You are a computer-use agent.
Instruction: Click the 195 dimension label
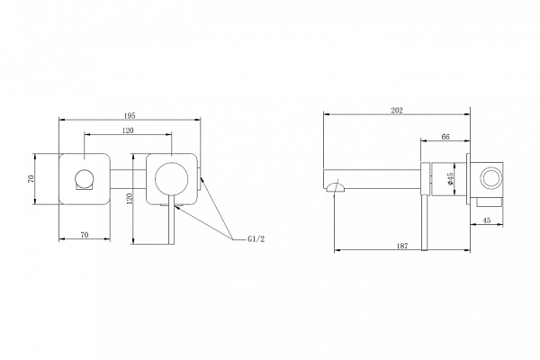pyautogui.click(x=129, y=116)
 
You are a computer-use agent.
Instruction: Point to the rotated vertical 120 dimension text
pyautogui.click(x=130, y=199)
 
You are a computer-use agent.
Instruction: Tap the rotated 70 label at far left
pyautogui.click(x=31, y=179)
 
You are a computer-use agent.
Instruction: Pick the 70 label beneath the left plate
pyautogui.click(x=85, y=235)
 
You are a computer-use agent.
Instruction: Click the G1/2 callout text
pyautogui.click(x=256, y=239)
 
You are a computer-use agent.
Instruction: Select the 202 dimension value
pyautogui.click(x=397, y=111)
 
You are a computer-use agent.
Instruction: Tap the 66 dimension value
pyautogui.click(x=445, y=137)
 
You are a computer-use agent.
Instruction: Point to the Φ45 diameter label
pyautogui.click(x=451, y=179)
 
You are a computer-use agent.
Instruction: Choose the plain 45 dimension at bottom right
pyautogui.click(x=487, y=220)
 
